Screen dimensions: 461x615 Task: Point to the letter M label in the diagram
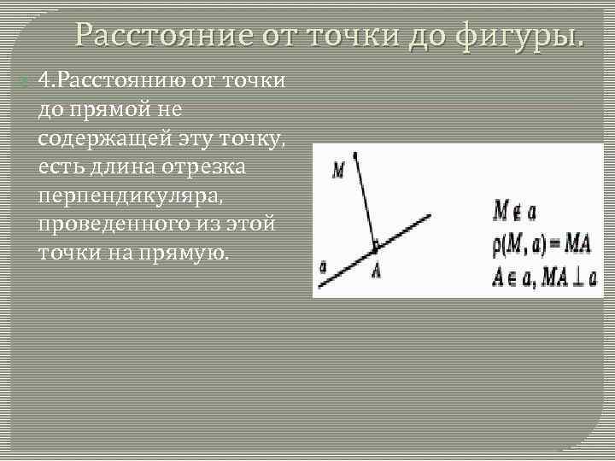coord(338,170)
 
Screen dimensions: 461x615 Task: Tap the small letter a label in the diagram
coord(323,266)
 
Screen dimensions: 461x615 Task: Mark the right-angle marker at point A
coord(374,248)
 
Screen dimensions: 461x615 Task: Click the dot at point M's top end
coord(356,155)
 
